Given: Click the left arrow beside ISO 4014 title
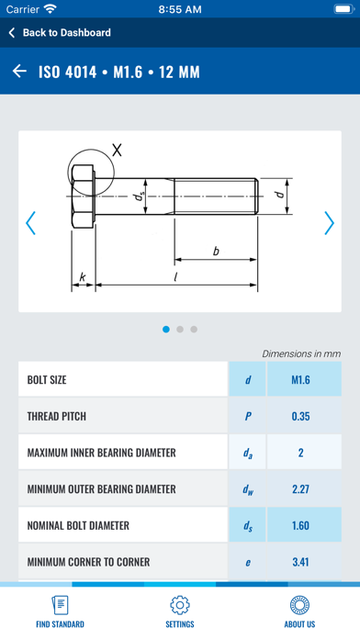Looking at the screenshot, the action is pos(19,72).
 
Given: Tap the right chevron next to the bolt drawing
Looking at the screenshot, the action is pos(330,223).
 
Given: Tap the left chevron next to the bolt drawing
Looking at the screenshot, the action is pos(30,223).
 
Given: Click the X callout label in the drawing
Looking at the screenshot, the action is pos(116,149).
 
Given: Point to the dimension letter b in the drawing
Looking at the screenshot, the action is pos(215,250).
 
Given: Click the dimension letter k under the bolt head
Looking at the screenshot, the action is pos(83,275).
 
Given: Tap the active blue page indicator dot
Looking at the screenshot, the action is pos(166,329).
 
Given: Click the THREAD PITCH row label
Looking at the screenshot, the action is pos(57,416).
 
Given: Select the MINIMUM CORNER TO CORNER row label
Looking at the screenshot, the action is pos(88,562).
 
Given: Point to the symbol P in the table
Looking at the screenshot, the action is pos(248,416).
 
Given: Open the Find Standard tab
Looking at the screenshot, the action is pos(60,611).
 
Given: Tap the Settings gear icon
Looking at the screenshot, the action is pos(180,606).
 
